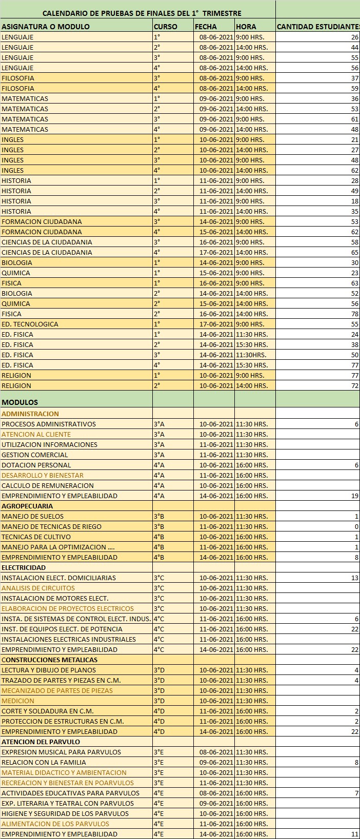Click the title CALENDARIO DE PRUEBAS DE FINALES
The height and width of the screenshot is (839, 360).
click(142, 13)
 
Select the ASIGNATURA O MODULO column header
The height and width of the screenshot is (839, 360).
click(46, 27)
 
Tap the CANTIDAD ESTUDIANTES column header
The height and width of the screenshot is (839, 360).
click(317, 27)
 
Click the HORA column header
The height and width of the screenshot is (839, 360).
click(246, 27)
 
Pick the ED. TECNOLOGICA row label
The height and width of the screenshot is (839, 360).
click(30, 324)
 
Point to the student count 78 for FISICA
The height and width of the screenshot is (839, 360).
click(354, 314)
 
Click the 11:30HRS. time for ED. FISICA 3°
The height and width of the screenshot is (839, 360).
click(251, 355)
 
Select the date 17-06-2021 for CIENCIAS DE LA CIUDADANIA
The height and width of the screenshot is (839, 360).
click(216, 252)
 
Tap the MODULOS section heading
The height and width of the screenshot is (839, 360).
click(19, 402)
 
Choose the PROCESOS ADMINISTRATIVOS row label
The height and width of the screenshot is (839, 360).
click(49, 424)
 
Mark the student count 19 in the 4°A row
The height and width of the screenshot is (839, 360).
click(354, 496)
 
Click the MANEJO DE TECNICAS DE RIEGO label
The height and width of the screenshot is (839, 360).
click(51, 526)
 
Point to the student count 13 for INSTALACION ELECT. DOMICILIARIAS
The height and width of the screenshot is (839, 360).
click(354, 578)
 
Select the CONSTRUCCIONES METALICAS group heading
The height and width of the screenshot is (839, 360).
click(49, 660)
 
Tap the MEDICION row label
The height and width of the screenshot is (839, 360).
click(18, 701)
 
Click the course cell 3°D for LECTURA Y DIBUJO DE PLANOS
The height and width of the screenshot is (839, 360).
click(159, 670)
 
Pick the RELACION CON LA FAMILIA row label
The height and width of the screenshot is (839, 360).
click(44, 762)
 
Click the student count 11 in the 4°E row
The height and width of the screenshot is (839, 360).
click(354, 834)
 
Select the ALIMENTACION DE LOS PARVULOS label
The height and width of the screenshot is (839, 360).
click(55, 824)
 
